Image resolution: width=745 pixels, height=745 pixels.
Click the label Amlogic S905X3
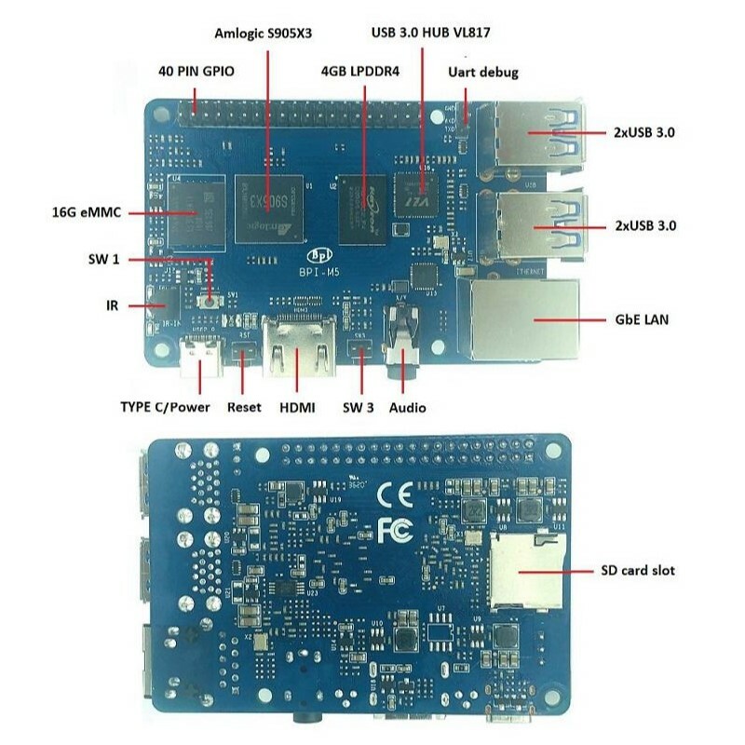(x=264, y=33)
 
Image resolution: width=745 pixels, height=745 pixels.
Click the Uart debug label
(x=483, y=72)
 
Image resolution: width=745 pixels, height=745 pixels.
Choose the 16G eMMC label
(x=90, y=211)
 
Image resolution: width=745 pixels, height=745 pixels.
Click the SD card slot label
(x=638, y=570)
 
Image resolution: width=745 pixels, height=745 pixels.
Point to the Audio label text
(x=408, y=407)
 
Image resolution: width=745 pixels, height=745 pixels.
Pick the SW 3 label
(x=359, y=407)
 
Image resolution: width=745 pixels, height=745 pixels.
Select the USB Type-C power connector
(x=200, y=357)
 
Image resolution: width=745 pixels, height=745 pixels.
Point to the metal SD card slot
(x=527, y=570)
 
